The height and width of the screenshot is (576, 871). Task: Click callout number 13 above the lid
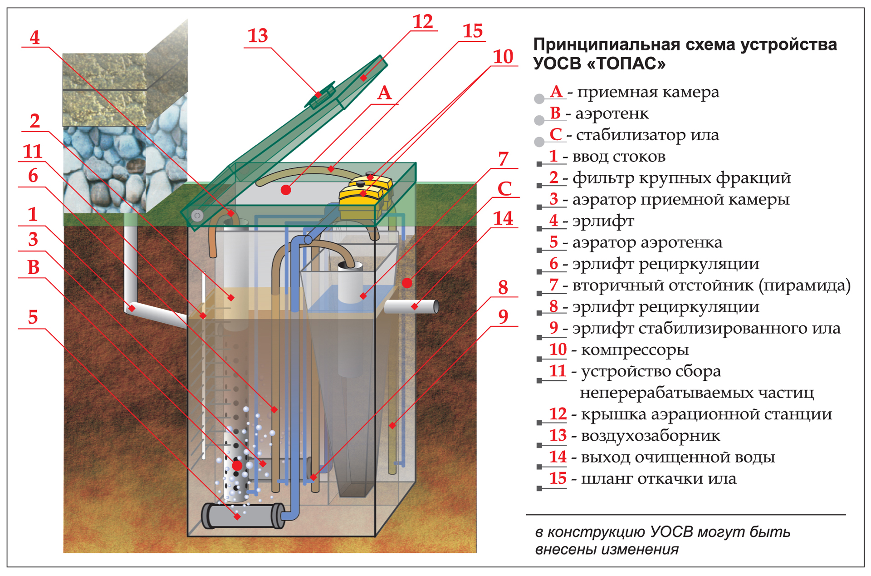[258, 36]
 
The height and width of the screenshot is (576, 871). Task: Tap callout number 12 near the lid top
[423, 22]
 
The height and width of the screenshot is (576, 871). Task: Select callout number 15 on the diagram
[472, 31]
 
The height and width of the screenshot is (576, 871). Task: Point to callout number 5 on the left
[33, 317]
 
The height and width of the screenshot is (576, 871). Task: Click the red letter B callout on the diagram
[33, 268]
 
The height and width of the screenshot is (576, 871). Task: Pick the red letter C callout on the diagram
[504, 189]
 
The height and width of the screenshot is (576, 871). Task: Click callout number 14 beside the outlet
[503, 219]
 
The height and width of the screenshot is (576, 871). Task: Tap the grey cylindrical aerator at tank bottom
[243, 516]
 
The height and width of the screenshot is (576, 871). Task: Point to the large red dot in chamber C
[407, 283]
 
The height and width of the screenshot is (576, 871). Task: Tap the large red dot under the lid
[286, 190]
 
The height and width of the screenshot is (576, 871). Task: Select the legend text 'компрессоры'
[635, 350]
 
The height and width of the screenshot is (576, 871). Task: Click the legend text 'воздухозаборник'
[650, 436]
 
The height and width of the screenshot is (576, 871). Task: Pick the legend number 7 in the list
[553, 285]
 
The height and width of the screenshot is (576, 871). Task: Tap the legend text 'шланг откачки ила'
[658, 479]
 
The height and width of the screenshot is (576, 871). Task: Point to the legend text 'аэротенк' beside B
[612, 113]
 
